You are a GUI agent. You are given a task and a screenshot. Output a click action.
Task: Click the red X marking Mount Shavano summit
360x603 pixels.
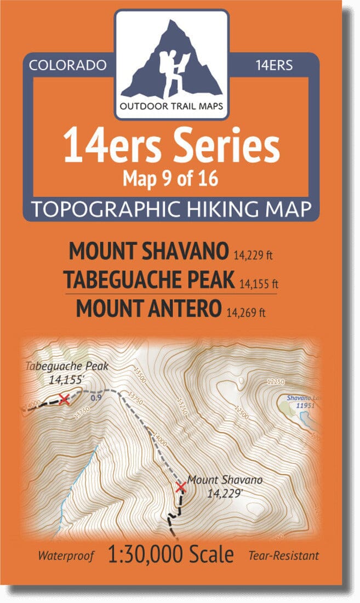pyautogui.click(x=180, y=487)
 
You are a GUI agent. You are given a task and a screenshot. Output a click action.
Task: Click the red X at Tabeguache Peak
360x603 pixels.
pyautogui.click(x=64, y=399)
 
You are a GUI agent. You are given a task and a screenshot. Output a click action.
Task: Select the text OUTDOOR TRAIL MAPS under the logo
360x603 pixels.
pyautogui.click(x=172, y=106)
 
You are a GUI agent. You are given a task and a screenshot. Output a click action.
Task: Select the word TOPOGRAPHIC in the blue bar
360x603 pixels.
pyautogui.click(x=116, y=209)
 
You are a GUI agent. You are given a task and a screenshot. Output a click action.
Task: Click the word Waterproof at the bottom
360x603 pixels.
pyautogui.click(x=66, y=556)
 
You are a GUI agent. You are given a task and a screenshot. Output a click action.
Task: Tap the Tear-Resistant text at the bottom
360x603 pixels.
pyautogui.click(x=284, y=556)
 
